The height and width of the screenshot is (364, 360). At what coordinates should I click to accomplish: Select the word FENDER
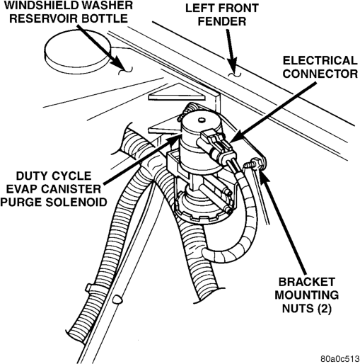222,21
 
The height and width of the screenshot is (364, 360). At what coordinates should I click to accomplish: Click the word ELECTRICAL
320,60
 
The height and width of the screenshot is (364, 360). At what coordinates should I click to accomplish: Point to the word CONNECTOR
320,74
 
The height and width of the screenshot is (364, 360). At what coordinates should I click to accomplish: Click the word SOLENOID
76,203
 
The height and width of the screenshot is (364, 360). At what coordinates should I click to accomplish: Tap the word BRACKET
307,282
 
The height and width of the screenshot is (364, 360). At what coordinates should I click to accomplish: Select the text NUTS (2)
307,309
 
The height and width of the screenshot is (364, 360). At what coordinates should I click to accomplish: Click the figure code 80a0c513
339,359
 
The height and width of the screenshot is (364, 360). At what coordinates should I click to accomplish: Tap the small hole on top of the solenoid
201,120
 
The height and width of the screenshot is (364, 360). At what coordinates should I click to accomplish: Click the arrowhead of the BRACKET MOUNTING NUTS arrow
263,176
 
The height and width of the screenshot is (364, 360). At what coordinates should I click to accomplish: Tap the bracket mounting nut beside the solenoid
253,164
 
